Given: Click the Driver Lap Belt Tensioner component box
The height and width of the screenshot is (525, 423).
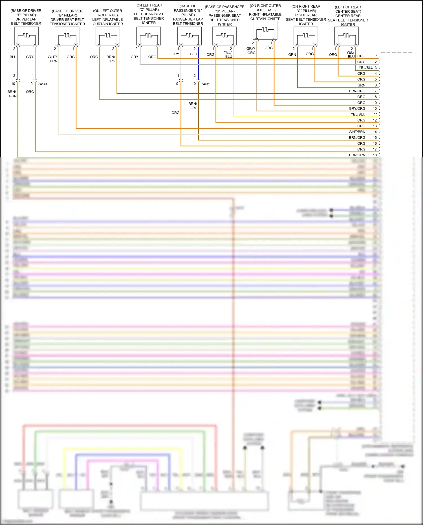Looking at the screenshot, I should tap(26, 36).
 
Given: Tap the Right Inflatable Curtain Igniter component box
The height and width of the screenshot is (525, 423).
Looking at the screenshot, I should tap(265, 30).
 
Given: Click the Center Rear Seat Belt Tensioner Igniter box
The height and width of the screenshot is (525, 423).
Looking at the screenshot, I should tap(347, 36).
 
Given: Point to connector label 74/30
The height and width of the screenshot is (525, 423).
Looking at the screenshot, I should tap(42, 84).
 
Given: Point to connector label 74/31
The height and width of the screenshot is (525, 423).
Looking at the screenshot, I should tap(205, 84).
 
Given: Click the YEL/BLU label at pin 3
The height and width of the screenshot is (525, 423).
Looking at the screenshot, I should tap(366, 68).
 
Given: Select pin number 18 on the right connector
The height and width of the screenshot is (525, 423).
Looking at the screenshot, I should tap(375, 155).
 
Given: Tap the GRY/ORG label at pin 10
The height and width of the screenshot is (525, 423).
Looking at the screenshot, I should tap(357, 109).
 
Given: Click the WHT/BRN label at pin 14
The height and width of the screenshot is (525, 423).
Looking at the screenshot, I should tap(357, 132).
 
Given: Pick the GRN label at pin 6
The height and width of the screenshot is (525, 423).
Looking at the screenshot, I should tap(361, 85).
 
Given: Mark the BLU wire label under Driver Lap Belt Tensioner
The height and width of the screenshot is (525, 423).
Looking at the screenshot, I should tap(13, 57).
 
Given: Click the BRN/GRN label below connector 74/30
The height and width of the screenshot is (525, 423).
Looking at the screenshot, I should tap(12, 94).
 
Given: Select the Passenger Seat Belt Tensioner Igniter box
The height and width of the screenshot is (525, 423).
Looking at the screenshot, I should tap(224, 36).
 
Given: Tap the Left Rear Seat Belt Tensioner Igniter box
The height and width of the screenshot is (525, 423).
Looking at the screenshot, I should tap(149, 36).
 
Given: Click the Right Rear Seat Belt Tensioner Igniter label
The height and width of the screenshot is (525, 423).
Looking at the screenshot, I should tap(306, 15).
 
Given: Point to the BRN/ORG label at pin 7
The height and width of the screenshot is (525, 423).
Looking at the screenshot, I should tap(357, 91).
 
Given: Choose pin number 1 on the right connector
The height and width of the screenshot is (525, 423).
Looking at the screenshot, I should tap(376, 56).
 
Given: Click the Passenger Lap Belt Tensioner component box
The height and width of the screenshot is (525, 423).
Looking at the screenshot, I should tap(190, 36).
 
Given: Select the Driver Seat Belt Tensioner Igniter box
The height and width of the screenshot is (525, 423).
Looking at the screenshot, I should tap(67, 36).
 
